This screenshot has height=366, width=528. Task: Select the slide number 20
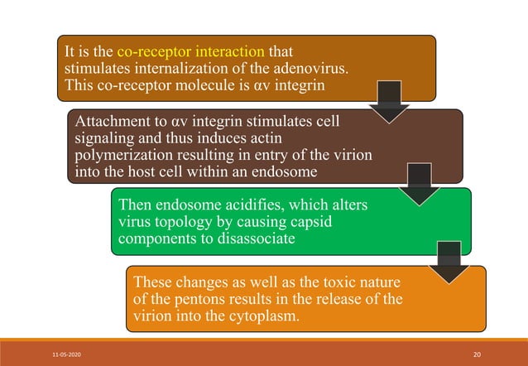click(x=476, y=354)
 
